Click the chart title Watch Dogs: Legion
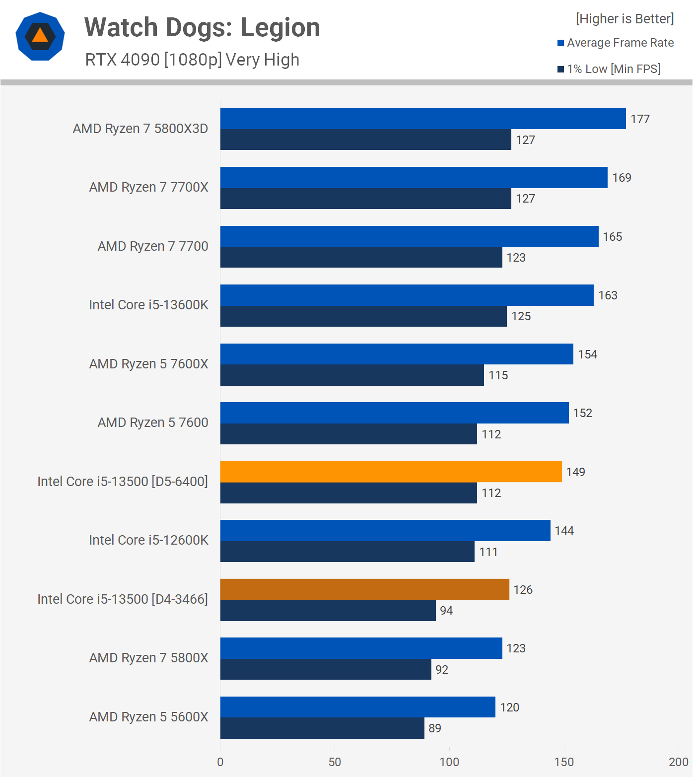click(x=202, y=27)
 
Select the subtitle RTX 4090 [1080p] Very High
click(x=192, y=60)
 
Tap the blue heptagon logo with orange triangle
click(x=40, y=36)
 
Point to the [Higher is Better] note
click(x=624, y=19)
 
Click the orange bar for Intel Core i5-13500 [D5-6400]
click(x=391, y=472)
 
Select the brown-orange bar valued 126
click(x=364, y=589)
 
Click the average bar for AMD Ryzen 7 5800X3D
click(x=423, y=119)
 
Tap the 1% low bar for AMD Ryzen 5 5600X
click(x=322, y=728)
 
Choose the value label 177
click(x=640, y=119)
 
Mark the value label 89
click(x=435, y=728)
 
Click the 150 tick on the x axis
click(x=564, y=762)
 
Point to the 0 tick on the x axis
click(x=220, y=762)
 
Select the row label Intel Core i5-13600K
click(x=148, y=305)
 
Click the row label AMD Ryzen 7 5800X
click(x=148, y=658)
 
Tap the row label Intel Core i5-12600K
click(x=148, y=540)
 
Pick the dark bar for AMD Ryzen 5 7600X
click(x=352, y=375)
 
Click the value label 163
click(x=608, y=295)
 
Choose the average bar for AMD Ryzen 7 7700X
click(x=414, y=178)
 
